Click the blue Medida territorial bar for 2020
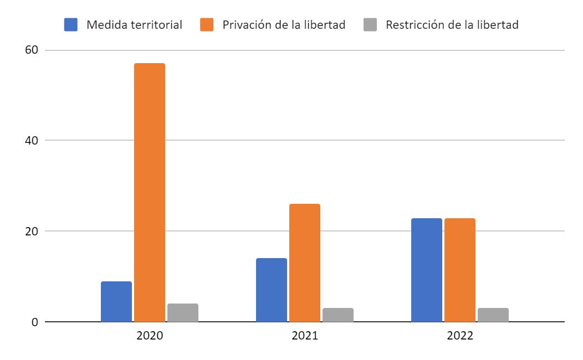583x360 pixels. coord(116,302)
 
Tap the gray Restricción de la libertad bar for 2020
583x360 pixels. coord(183,313)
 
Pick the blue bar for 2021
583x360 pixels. coord(272,290)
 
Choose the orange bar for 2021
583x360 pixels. coord(305,263)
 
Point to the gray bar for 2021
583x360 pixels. coord(338,315)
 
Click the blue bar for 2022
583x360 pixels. coord(427,270)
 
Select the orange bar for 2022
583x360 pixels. coord(460,270)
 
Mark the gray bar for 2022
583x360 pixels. coord(493,315)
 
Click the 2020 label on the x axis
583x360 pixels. coord(150,336)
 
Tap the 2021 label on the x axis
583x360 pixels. coord(305,336)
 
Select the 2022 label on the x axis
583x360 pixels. coord(460,336)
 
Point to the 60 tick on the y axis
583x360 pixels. coord(31,50)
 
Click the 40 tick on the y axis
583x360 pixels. coord(31,140)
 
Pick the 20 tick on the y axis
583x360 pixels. coord(31,231)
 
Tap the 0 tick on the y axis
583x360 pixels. coord(34,322)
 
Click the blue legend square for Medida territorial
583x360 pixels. coord(71,25)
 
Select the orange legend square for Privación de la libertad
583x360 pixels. coord(207,25)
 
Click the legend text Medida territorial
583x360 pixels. coord(135,25)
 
